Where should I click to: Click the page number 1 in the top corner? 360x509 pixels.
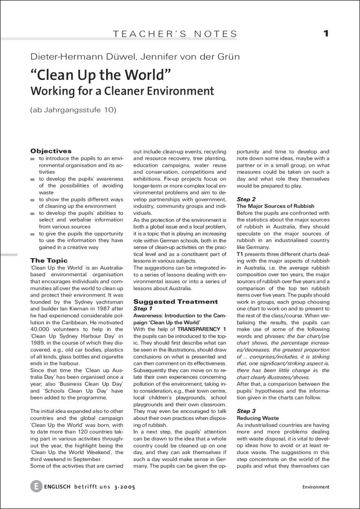pyautogui.click(x=326, y=33)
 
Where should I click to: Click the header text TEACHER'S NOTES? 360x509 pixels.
pyautogui.click(x=175, y=34)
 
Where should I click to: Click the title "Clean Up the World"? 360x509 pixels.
pyautogui.click(x=101, y=75)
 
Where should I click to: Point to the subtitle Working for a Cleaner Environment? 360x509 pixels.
pyautogui.click(x=122, y=91)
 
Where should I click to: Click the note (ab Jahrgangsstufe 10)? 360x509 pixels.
pyautogui.click(x=73, y=110)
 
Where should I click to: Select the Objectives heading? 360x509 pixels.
pyautogui.click(x=51, y=151)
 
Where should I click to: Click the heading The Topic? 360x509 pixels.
pyautogui.click(x=49, y=261)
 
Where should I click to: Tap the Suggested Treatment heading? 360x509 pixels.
pyautogui.click(x=175, y=302)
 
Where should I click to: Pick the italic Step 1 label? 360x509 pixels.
pyautogui.click(x=143, y=308)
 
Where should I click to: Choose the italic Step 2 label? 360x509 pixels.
pyautogui.click(x=246, y=199)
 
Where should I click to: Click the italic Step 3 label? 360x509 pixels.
pyautogui.click(x=246, y=411)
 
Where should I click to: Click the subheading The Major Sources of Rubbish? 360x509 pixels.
pyautogui.click(x=275, y=206)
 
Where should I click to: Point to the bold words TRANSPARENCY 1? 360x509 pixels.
pyautogui.click(x=203, y=329)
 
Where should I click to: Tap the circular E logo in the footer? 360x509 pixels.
pyautogui.click(x=36, y=486)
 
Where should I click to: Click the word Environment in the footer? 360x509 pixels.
pyautogui.click(x=316, y=487)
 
